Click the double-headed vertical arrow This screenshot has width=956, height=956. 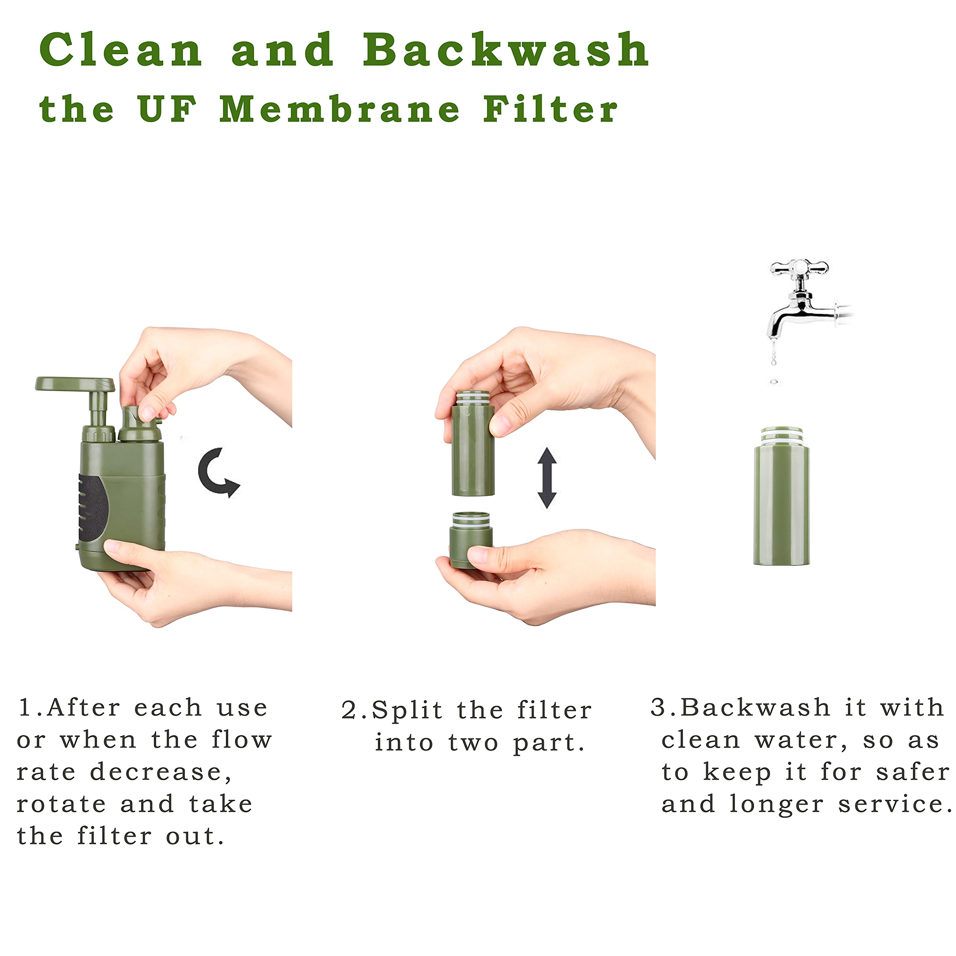click(547, 478)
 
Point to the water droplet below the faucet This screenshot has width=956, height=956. click(774, 382)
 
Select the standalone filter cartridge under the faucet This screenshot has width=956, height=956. click(781, 496)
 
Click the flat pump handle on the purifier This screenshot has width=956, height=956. click(75, 384)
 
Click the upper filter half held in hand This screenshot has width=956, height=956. click(473, 443)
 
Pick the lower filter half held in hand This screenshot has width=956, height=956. click(471, 540)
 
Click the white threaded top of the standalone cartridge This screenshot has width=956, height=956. click(781, 436)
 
